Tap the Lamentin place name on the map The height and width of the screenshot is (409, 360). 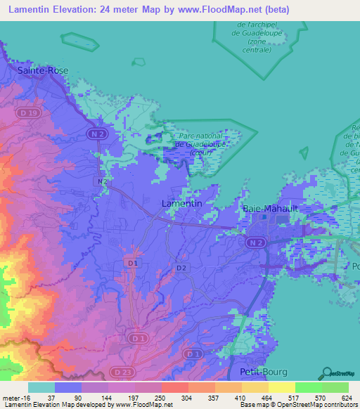click(x=182, y=203)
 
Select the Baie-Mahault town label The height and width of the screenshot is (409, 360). click(x=267, y=209)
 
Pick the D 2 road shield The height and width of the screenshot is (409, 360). click(x=181, y=268)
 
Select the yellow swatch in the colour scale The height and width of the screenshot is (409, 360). click(x=281, y=387)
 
